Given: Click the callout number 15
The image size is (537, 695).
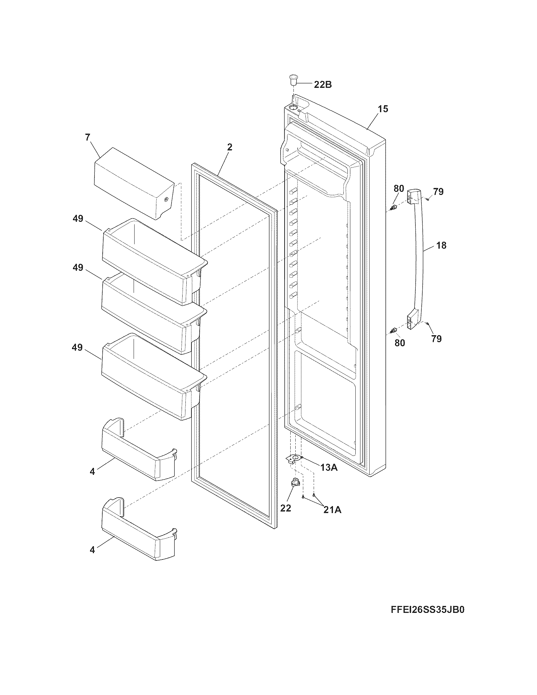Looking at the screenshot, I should coord(383,109).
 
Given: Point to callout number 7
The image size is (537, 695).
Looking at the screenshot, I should coord(87,137).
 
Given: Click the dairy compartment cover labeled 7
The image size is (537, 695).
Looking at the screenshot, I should coord(134,183).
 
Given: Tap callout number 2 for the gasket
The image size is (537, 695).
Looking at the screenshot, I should coord(230,147).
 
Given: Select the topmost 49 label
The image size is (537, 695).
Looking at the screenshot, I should coord(78,219).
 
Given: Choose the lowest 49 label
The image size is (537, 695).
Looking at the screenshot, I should coord(77,347).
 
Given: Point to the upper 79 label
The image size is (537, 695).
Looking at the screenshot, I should coord(438,192).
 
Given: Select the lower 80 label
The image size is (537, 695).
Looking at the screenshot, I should coord(400,343).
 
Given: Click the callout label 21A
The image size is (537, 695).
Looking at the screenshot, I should coord(332,510).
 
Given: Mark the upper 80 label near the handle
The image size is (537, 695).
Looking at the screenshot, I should coord(399,188).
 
